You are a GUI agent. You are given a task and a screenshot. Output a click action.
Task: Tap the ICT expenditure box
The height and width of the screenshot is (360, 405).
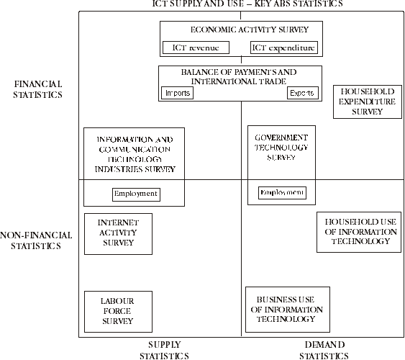[283, 48]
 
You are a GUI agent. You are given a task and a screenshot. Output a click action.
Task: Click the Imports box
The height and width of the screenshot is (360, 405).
[177, 94]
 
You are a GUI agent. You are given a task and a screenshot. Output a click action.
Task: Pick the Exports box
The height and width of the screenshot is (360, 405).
[301, 94]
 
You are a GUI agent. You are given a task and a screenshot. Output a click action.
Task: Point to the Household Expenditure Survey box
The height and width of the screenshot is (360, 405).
[368, 102]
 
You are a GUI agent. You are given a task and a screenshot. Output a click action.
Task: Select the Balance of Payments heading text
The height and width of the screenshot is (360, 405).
[238, 77]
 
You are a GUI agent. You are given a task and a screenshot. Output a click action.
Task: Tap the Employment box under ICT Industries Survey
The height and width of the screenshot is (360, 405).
[135, 194]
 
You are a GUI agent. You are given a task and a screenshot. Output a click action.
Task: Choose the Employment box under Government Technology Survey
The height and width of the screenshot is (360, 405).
[282, 193]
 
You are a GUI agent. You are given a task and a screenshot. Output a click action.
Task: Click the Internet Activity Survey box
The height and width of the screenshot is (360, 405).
[117, 233]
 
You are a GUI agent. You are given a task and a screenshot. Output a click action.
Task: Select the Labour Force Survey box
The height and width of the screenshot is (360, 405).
[117, 311]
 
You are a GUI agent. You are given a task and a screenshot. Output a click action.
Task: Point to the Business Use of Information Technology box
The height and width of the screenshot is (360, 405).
[287, 310]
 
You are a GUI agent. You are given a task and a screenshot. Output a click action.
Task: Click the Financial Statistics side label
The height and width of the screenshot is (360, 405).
[38, 89]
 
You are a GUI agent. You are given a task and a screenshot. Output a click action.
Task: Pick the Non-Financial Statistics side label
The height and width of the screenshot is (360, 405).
[37, 240]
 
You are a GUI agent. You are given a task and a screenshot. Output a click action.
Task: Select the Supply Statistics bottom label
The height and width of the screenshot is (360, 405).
[164, 350]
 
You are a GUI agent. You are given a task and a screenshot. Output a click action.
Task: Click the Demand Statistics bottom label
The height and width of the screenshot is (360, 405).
[324, 350]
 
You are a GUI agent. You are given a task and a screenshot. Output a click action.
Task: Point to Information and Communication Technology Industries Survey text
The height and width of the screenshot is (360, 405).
[135, 154]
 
